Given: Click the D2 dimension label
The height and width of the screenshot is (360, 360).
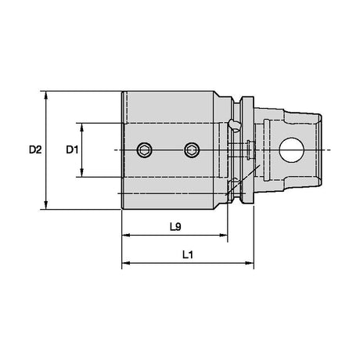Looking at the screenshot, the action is [35, 150].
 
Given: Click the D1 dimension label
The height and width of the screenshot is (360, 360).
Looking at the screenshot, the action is [72, 150].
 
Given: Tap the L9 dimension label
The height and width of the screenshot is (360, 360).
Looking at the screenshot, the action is [175, 227].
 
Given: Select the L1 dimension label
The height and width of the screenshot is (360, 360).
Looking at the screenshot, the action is [188, 254].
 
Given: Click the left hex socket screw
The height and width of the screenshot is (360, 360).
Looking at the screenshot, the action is [145, 150].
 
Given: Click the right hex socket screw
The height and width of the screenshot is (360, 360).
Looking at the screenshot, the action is [192, 150].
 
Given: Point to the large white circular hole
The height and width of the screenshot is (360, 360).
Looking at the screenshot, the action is [292, 150].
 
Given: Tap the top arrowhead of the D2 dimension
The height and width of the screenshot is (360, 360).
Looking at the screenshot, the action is [46, 95].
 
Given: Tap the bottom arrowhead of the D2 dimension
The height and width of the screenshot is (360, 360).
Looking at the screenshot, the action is [46, 205].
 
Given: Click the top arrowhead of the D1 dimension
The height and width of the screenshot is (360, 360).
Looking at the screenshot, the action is [82, 127].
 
